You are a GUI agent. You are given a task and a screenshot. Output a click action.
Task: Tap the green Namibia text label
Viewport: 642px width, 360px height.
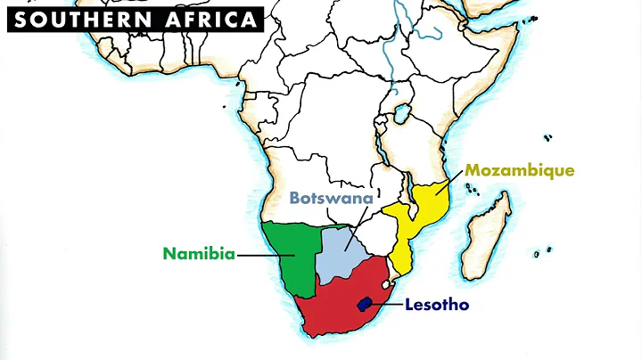point(199,254)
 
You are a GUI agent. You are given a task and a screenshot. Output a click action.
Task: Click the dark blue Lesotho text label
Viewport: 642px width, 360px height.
point(437,305)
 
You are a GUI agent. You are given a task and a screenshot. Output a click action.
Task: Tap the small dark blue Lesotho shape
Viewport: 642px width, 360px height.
point(364,304)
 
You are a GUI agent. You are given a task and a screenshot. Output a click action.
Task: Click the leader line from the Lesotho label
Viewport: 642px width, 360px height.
point(385,305)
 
